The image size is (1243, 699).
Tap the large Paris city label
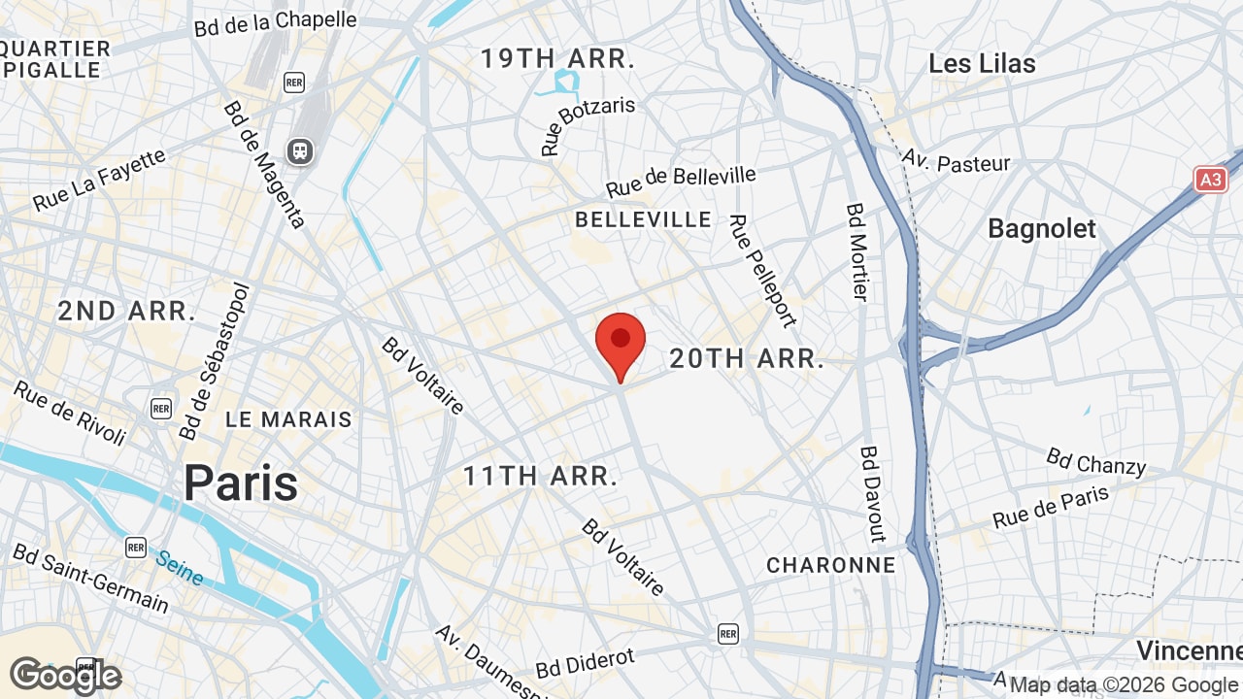point(241,483)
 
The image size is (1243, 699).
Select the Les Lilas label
point(982,64)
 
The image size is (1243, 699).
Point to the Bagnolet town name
point(1041,229)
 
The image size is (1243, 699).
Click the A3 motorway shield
point(1210,180)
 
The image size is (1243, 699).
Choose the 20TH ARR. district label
point(747,359)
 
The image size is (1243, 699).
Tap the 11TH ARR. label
point(540,477)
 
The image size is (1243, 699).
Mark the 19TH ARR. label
point(557,58)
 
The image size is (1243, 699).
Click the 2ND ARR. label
point(126,312)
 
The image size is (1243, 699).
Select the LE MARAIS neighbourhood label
point(288,420)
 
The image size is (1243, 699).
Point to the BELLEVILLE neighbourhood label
point(643,220)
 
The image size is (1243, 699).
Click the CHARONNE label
point(830,565)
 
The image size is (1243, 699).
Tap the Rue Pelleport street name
point(762,271)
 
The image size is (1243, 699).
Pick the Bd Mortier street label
point(857,252)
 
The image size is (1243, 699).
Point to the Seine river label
point(180,569)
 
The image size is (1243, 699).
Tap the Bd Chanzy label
point(1095,462)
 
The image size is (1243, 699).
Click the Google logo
point(65,676)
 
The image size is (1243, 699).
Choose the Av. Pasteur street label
point(956,161)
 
